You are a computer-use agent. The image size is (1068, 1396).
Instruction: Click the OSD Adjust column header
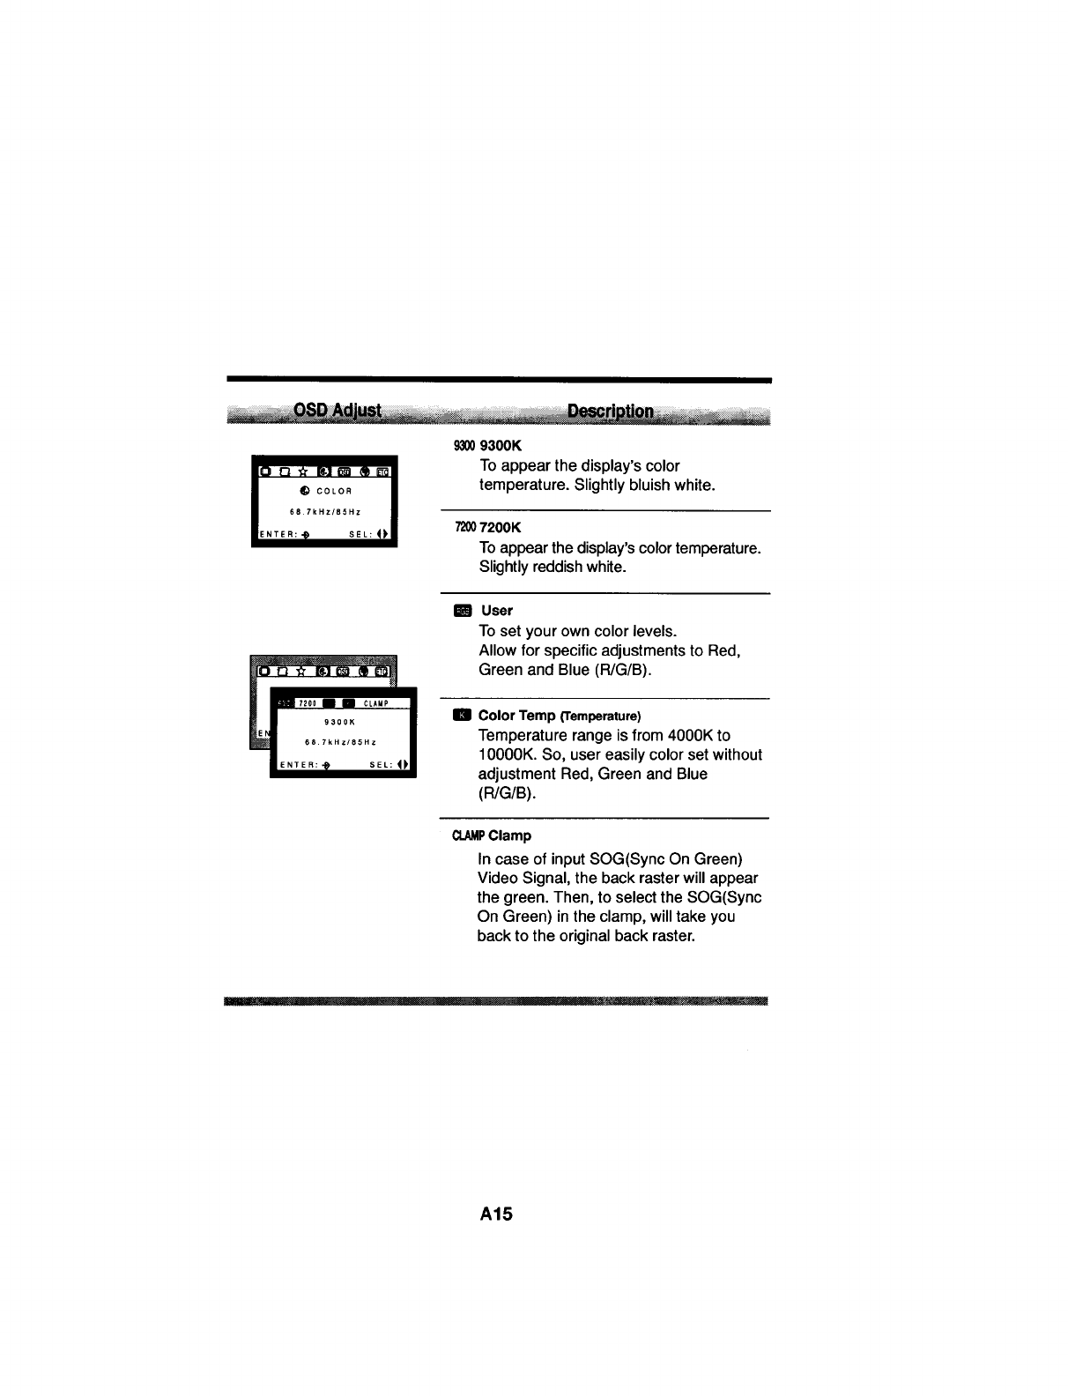tap(337, 411)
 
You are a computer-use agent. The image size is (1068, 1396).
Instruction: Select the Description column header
tap(611, 412)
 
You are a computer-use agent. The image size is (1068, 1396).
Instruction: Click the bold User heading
tap(497, 610)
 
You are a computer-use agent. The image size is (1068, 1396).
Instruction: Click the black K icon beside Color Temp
tap(462, 715)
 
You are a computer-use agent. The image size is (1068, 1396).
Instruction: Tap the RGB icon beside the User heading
tap(463, 610)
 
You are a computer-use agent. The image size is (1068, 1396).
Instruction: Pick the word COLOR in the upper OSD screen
tap(336, 491)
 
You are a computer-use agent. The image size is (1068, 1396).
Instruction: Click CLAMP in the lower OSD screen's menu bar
tap(375, 703)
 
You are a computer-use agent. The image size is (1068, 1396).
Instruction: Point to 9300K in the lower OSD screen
tap(338, 722)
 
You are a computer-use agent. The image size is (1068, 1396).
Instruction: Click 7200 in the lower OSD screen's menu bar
tap(307, 703)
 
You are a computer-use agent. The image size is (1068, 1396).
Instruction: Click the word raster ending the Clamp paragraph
tap(675, 935)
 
